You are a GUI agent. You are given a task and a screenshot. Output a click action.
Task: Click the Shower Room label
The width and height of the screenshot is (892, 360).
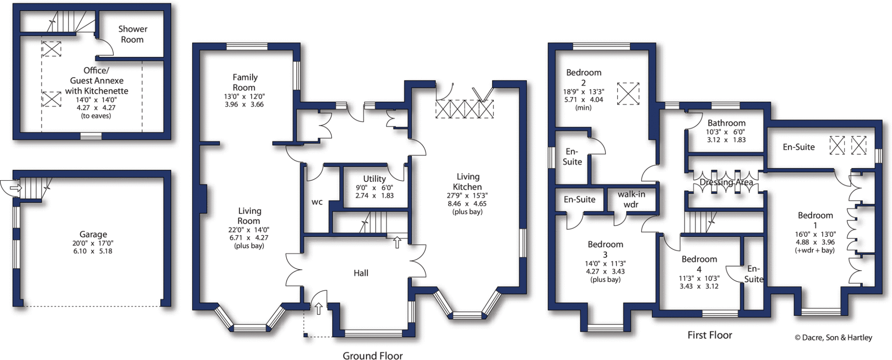(x=132, y=34)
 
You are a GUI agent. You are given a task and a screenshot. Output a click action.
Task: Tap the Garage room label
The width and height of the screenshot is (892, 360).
(x=93, y=234)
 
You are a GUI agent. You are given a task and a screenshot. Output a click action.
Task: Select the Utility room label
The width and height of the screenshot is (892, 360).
(x=374, y=179)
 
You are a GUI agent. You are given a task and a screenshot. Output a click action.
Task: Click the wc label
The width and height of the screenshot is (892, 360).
(x=317, y=202)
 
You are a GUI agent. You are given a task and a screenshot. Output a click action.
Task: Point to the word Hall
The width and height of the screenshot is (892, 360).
(x=361, y=273)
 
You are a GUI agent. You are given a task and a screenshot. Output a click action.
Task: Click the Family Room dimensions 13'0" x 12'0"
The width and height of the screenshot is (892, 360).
(x=244, y=97)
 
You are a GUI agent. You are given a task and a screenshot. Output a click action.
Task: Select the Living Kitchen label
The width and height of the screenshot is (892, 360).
(x=468, y=182)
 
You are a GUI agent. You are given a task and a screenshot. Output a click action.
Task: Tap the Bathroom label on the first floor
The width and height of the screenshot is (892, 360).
(x=726, y=123)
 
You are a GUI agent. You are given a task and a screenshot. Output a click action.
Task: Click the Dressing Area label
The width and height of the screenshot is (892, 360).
(x=726, y=182)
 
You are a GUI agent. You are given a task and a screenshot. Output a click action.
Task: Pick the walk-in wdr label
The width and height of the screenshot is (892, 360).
(x=631, y=199)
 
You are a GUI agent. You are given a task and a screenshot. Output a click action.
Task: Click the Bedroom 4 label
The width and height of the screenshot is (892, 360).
(x=699, y=264)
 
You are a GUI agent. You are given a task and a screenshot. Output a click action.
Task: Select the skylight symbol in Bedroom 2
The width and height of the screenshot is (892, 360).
(x=628, y=94)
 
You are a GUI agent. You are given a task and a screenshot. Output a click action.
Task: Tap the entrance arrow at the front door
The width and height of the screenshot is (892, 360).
(x=318, y=308)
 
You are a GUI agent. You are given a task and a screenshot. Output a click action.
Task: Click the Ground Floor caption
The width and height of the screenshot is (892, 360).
(x=372, y=356)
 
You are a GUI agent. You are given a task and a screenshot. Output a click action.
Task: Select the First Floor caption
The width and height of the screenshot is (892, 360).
(x=710, y=335)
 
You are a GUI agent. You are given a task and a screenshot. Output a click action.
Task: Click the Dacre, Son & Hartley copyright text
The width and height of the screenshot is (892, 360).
(x=833, y=337)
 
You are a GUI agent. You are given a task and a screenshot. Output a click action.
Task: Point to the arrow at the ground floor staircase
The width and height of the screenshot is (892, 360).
(x=397, y=242)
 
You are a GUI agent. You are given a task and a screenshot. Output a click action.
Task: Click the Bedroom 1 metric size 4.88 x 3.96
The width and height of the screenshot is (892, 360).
(x=815, y=242)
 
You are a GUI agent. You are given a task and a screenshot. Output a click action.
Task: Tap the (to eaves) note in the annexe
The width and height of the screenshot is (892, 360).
(x=96, y=116)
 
